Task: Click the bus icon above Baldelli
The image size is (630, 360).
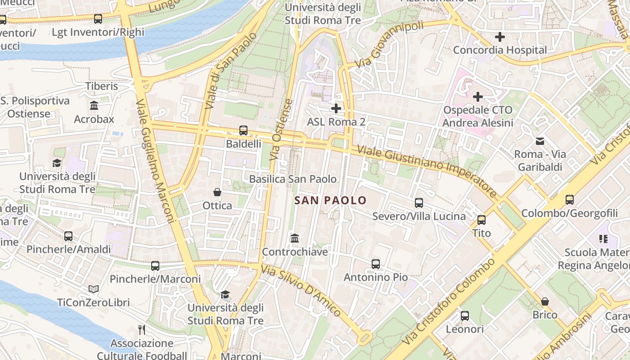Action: pyautogui.click(x=243, y=130)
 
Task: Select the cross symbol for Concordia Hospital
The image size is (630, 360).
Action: pyautogui.click(x=499, y=37)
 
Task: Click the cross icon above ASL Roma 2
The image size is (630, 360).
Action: pyautogui.click(x=336, y=108)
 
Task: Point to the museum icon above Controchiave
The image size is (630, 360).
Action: pyautogui.click(x=295, y=238)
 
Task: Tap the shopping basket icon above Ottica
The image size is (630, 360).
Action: pyautogui.click(x=217, y=192)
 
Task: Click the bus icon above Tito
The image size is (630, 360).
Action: pyautogui.click(x=481, y=220)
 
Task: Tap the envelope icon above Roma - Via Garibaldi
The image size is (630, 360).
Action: pyautogui.click(x=540, y=141)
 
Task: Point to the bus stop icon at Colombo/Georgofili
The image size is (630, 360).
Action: pyautogui.click(x=570, y=199)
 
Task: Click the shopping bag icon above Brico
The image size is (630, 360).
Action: pyautogui.click(x=544, y=301)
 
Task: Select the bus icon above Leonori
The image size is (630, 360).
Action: pyautogui.click(x=465, y=315)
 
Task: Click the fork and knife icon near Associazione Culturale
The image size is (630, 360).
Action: pyautogui.click(x=142, y=330)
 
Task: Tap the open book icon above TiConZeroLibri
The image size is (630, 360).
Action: pyautogui.click(x=94, y=289)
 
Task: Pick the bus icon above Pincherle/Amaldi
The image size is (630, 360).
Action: pyautogui.click(x=68, y=236)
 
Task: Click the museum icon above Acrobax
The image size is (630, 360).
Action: pyautogui.click(x=94, y=106)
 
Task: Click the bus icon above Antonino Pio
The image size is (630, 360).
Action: pyautogui.click(x=376, y=264)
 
